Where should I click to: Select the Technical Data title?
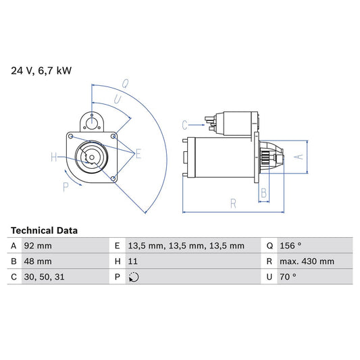click(44, 230)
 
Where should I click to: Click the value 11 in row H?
click(132, 261)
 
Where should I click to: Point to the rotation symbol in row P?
click(134, 277)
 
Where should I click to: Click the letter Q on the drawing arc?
click(125, 84)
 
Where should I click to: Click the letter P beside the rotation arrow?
click(66, 187)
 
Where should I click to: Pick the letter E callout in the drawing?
click(138, 154)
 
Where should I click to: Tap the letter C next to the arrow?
click(184, 125)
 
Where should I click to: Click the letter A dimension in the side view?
click(300, 157)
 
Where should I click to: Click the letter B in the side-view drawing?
click(263, 193)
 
